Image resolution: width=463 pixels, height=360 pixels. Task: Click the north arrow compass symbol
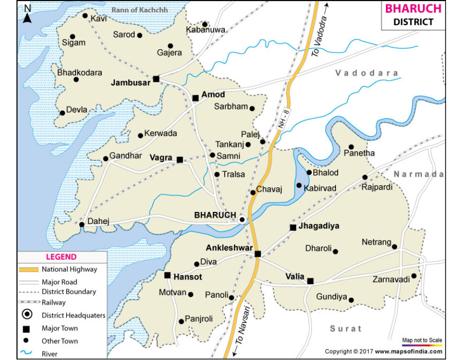(x=27, y=13)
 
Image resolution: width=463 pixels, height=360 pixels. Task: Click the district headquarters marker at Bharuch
(x=242, y=220)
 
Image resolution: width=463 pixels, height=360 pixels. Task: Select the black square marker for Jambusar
(x=156, y=79)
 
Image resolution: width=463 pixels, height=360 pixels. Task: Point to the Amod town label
(x=213, y=95)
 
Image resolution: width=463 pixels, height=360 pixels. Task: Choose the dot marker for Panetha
(x=351, y=147)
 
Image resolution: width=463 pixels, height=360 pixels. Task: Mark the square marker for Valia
(x=310, y=281)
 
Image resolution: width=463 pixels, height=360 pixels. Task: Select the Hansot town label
(x=188, y=277)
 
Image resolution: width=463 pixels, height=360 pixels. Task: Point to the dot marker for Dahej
(x=82, y=224)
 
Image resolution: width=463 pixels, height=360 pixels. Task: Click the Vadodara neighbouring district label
(x=367, y=73)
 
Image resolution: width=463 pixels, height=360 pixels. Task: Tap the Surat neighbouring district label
(x=346, y=328)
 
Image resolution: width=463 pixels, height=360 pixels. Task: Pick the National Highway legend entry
(x=69, y=269)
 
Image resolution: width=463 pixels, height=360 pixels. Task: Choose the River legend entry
(x=50, y=354)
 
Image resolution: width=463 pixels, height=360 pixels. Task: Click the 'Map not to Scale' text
(x=422, y=340)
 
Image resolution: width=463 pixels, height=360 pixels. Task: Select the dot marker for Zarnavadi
(x=414, y=276)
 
